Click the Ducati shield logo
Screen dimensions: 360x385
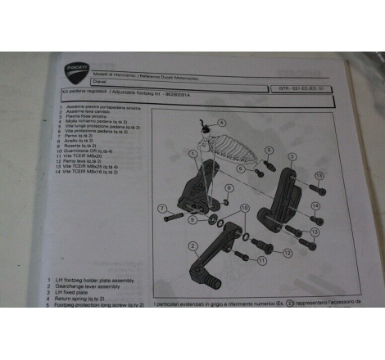click(76, 73)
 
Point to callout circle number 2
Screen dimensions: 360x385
click(191, 245)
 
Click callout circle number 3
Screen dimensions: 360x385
click(292, 155)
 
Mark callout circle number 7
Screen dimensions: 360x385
click(162, 207)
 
